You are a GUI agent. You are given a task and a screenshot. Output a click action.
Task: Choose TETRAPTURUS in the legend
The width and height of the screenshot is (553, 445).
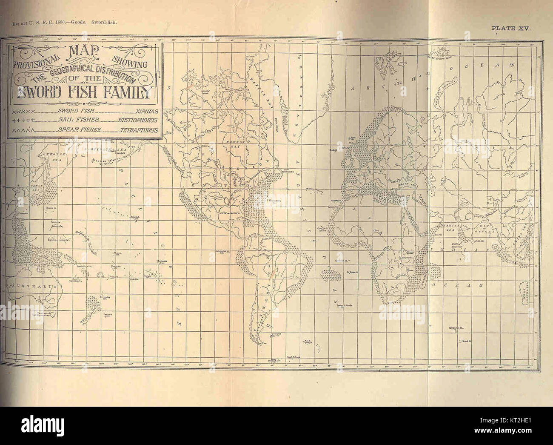tap(139, 130)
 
